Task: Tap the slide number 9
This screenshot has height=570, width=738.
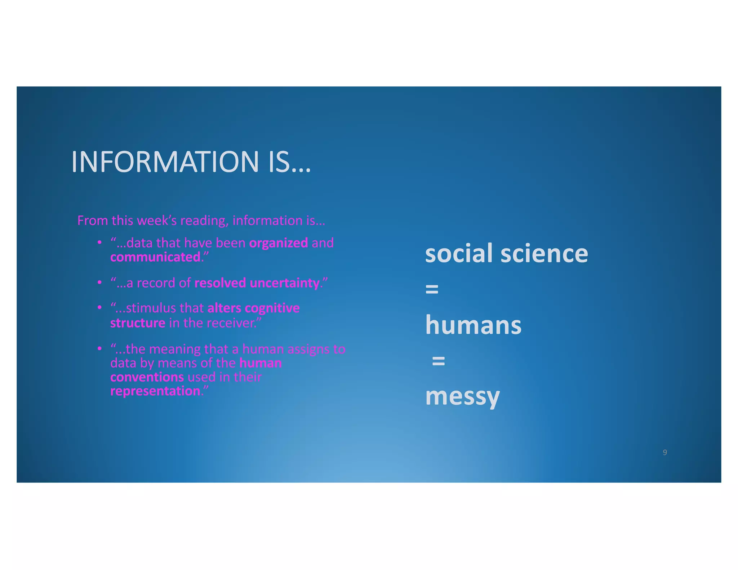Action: (665, 452)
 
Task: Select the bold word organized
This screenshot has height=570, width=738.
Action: (278, 243)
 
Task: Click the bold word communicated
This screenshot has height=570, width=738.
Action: (155, 257)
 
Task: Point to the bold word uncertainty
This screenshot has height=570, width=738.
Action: (284, 283)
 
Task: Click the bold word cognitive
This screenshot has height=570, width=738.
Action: (272, 308)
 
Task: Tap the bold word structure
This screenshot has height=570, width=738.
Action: (138, 323)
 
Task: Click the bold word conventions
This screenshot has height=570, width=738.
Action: (147, 377)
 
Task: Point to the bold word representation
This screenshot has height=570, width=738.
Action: (155, 391)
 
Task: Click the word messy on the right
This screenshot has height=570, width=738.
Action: (462, 397)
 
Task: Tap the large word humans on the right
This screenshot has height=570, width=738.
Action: (473, 325)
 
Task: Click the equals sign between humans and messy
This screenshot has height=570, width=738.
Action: (438, 361)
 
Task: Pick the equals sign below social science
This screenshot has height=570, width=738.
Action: (432, 289)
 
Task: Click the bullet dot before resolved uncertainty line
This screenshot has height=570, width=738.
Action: (99, 283)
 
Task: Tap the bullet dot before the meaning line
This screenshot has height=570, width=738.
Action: (99, 349)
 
